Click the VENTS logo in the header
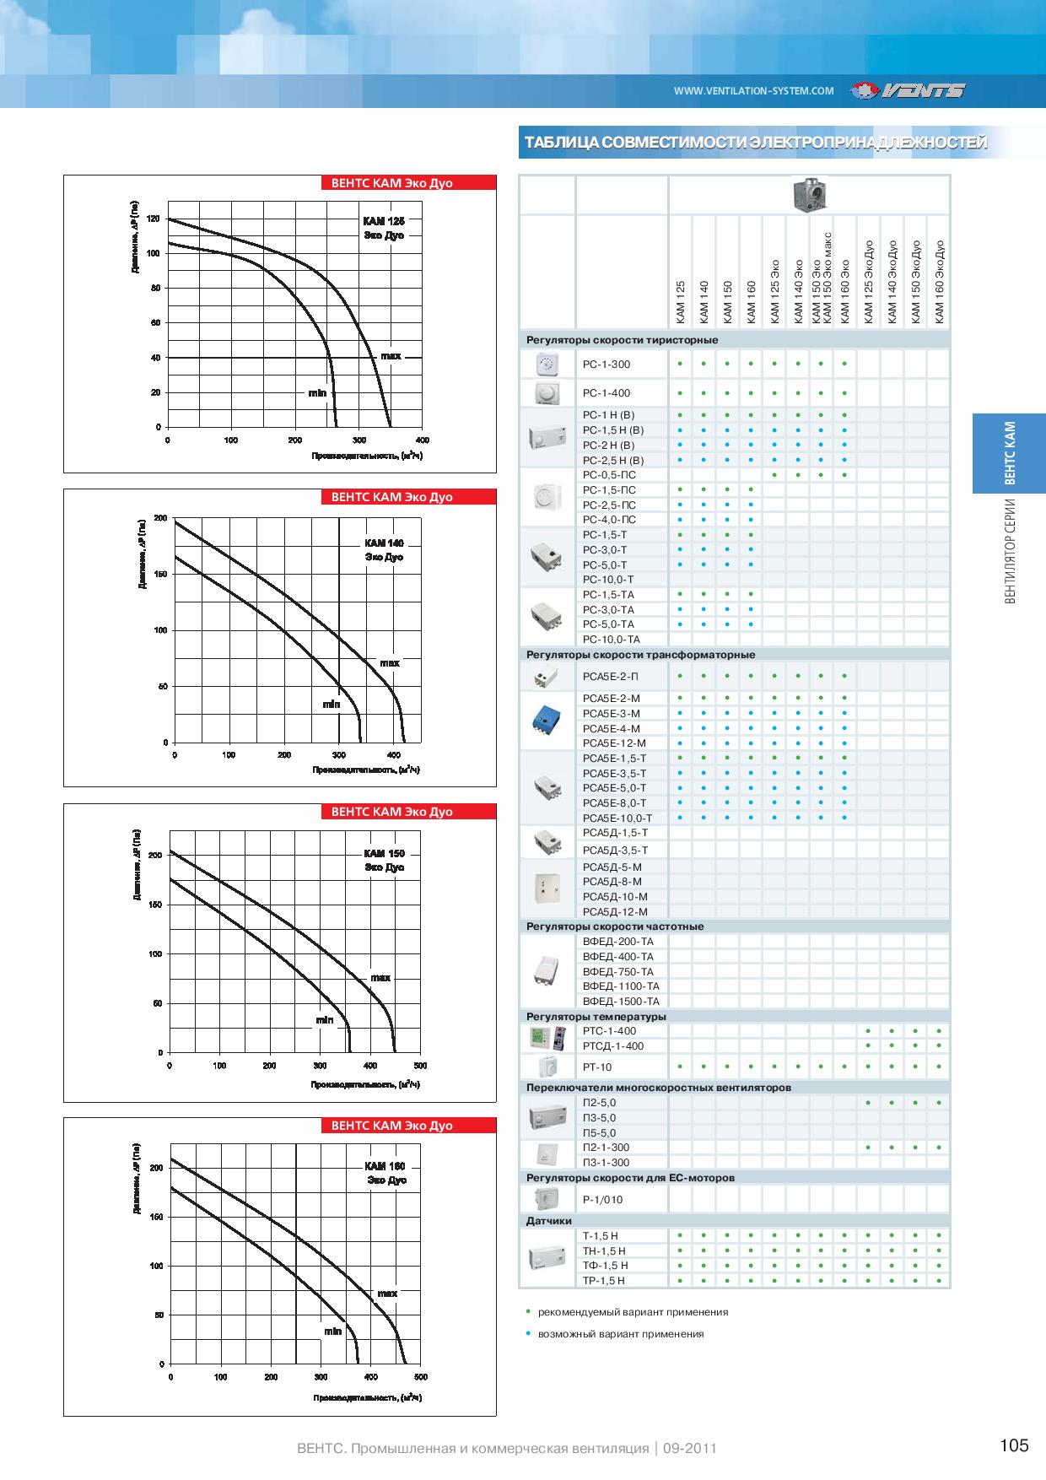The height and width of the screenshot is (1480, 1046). click(908, 91)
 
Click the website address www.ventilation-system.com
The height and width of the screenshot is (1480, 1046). click(753, 91)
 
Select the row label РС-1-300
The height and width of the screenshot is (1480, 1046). click(606, 365)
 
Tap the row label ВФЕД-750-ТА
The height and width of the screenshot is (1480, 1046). click(617, 971)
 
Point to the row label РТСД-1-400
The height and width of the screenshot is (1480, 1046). click(612, 1045)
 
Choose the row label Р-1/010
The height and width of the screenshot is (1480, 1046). click(602, 1199)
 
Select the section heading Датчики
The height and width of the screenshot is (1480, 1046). click(548, 1221)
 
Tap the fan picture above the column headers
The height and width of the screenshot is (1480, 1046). click(809, 195)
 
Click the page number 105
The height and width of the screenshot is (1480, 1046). click(1014, 1445)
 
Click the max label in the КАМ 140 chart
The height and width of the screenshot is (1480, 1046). click(389, 663)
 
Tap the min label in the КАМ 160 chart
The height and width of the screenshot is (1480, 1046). click(332, 1331)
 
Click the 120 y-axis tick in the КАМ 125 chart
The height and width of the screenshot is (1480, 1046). click(153, 219)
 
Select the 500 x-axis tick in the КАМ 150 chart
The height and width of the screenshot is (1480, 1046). click(420, 1066)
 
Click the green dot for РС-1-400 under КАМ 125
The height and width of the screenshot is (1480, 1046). click(680, 393)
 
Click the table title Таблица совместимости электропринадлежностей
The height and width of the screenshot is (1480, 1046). click(755, 143)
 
